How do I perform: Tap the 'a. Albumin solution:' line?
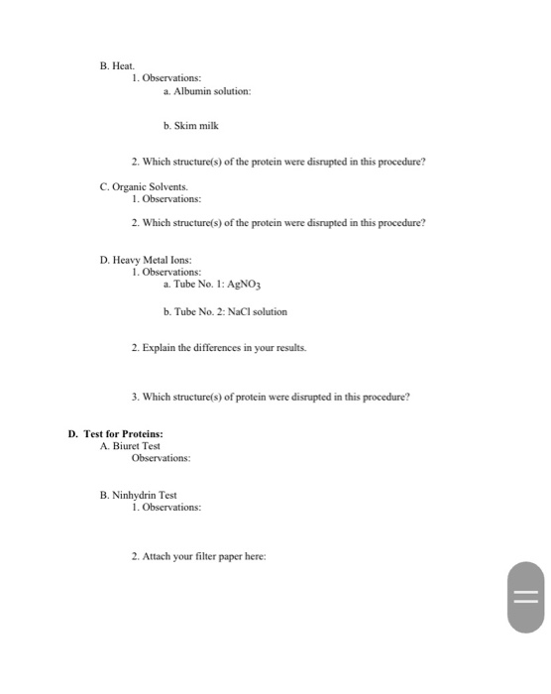tap(207, 90)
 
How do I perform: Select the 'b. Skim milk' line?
tap(190, 126)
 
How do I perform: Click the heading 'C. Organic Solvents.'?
tap(143, 186)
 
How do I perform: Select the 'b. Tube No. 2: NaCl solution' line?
tap(225, 311)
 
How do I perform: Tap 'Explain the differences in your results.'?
tap(219, 349)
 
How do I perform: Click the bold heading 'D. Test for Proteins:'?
tap(115, 433)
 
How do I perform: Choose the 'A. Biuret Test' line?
tap(130, 446)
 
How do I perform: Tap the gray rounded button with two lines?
tap(526, 597)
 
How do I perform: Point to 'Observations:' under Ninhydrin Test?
tap(166, 507)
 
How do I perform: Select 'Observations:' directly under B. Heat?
tap(166, 76)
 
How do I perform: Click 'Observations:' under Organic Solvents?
tap(166, 198)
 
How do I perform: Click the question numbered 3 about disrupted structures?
tap(271, 397)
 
